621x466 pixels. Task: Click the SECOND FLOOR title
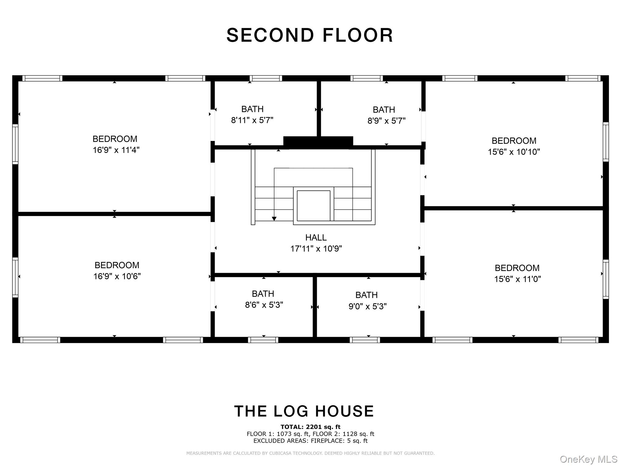point(310,35)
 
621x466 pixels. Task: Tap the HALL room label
point(316,238)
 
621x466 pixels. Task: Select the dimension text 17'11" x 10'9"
point(316,249)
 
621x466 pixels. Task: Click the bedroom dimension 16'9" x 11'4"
point(116,150)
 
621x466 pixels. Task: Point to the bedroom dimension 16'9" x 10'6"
point(117,276)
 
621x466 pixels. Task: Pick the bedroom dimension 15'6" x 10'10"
point(514,152)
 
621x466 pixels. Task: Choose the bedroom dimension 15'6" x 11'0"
point(518,279)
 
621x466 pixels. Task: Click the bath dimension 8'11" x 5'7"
point(252,120)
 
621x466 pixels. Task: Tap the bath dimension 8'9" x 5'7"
point(387,121)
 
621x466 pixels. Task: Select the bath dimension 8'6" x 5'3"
point(264,305)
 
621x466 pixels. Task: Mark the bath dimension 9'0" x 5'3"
point(368,306)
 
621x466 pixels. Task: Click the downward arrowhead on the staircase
point(274,219)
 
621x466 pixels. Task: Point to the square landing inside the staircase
point(314,206)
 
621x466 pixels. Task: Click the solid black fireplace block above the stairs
point(318,143)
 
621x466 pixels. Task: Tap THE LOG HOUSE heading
point(304,411)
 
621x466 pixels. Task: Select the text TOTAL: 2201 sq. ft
point(310,427)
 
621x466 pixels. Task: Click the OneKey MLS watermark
point(589,459)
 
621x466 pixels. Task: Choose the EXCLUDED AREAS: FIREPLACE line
point(310,441)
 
